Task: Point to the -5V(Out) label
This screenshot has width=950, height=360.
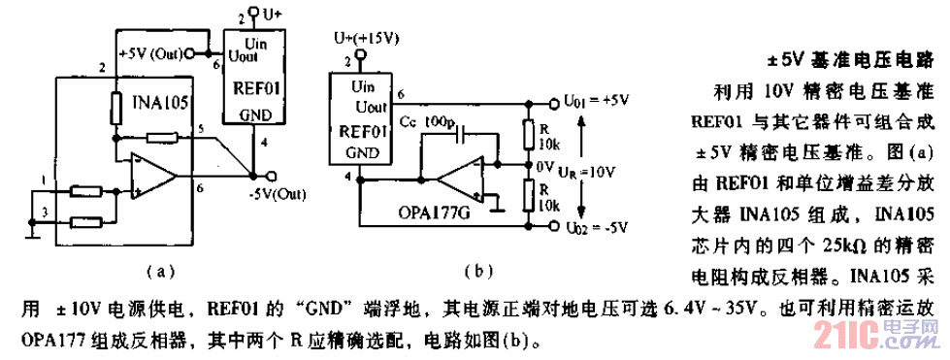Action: [275, 190]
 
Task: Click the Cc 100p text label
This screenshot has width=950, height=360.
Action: [427, 119]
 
